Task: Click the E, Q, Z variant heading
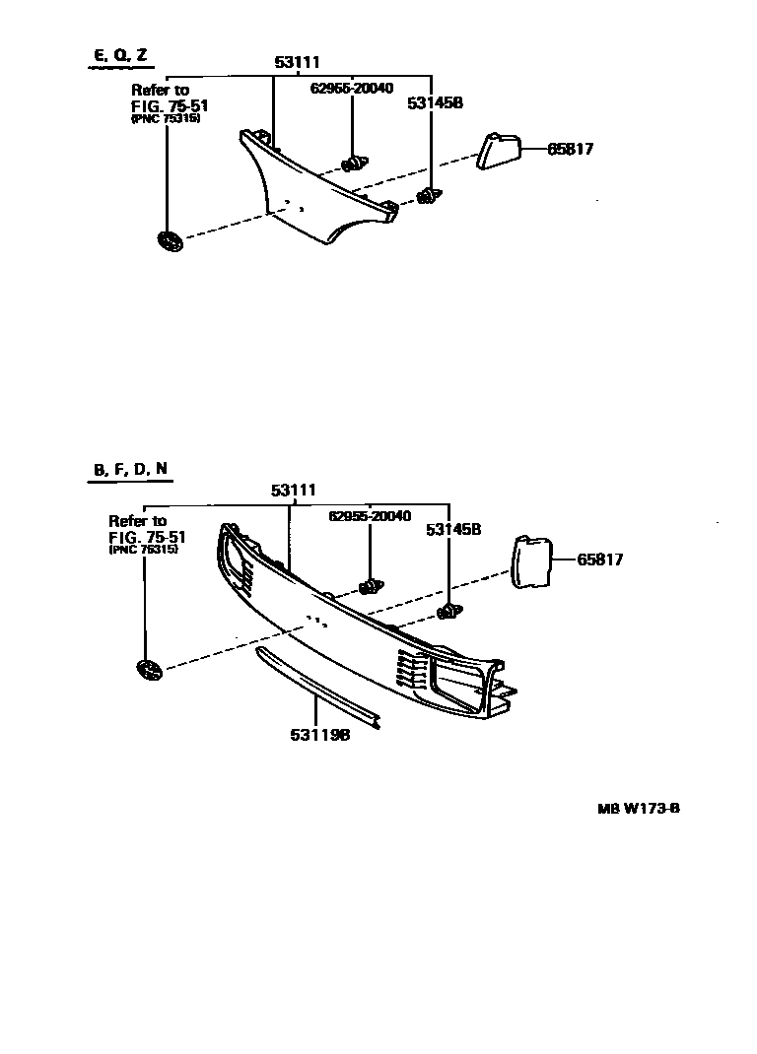(115, 55)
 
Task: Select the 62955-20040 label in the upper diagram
(351, 89)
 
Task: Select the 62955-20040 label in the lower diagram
(370, 516)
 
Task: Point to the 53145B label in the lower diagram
(452, 529)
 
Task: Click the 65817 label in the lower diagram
(600, 560)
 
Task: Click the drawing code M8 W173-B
(639, 810)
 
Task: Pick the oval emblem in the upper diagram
(169, 239)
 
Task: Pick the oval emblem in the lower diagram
(149, 671)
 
